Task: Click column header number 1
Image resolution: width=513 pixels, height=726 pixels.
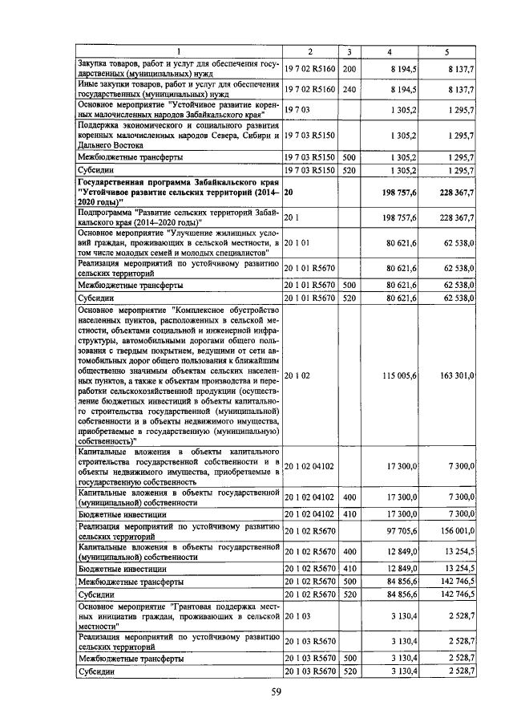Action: click(178, 52)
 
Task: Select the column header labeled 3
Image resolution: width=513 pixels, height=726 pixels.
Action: click(349, 52)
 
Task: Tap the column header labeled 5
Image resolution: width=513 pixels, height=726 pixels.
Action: click(446, 52)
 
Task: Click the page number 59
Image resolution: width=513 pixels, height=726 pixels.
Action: click(276, 693)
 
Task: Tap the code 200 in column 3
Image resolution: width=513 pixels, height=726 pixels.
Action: click(349, 70)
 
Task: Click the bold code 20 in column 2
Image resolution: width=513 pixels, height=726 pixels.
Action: click(289, 193)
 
